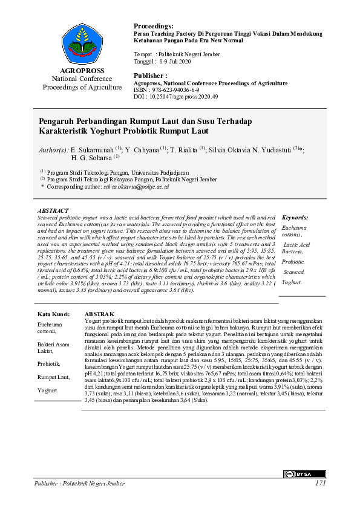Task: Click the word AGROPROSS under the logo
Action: click(78, 71)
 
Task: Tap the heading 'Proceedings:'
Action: click(153, 27)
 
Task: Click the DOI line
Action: click(175, 96)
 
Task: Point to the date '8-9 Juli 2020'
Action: click(175, 61)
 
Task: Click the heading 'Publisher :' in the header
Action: click(150, 75)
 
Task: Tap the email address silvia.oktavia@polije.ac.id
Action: click(136, 187)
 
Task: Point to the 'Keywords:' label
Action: click(295, 217)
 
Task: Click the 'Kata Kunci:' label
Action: click(54, 314)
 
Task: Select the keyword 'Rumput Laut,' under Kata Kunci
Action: click(52, 377)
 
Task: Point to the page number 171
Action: click(320, 484)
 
